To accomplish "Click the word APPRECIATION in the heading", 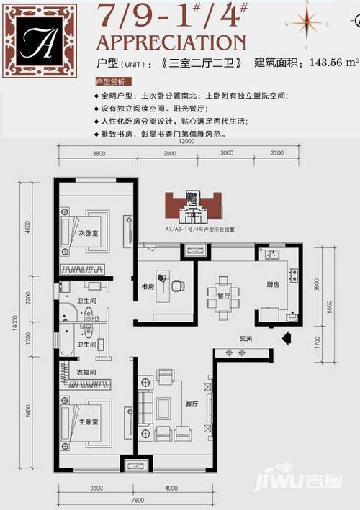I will pyautogui.click(x=171, y=42).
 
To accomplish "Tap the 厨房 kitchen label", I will pyautogui.click(x=272, y=285).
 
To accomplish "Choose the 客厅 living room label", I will pyautogui.click(x=191, y=404).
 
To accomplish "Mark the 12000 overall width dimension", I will pyautogui.click(x=187, y=142).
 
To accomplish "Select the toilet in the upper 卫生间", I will pyautogui.click(x=87, y=314).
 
